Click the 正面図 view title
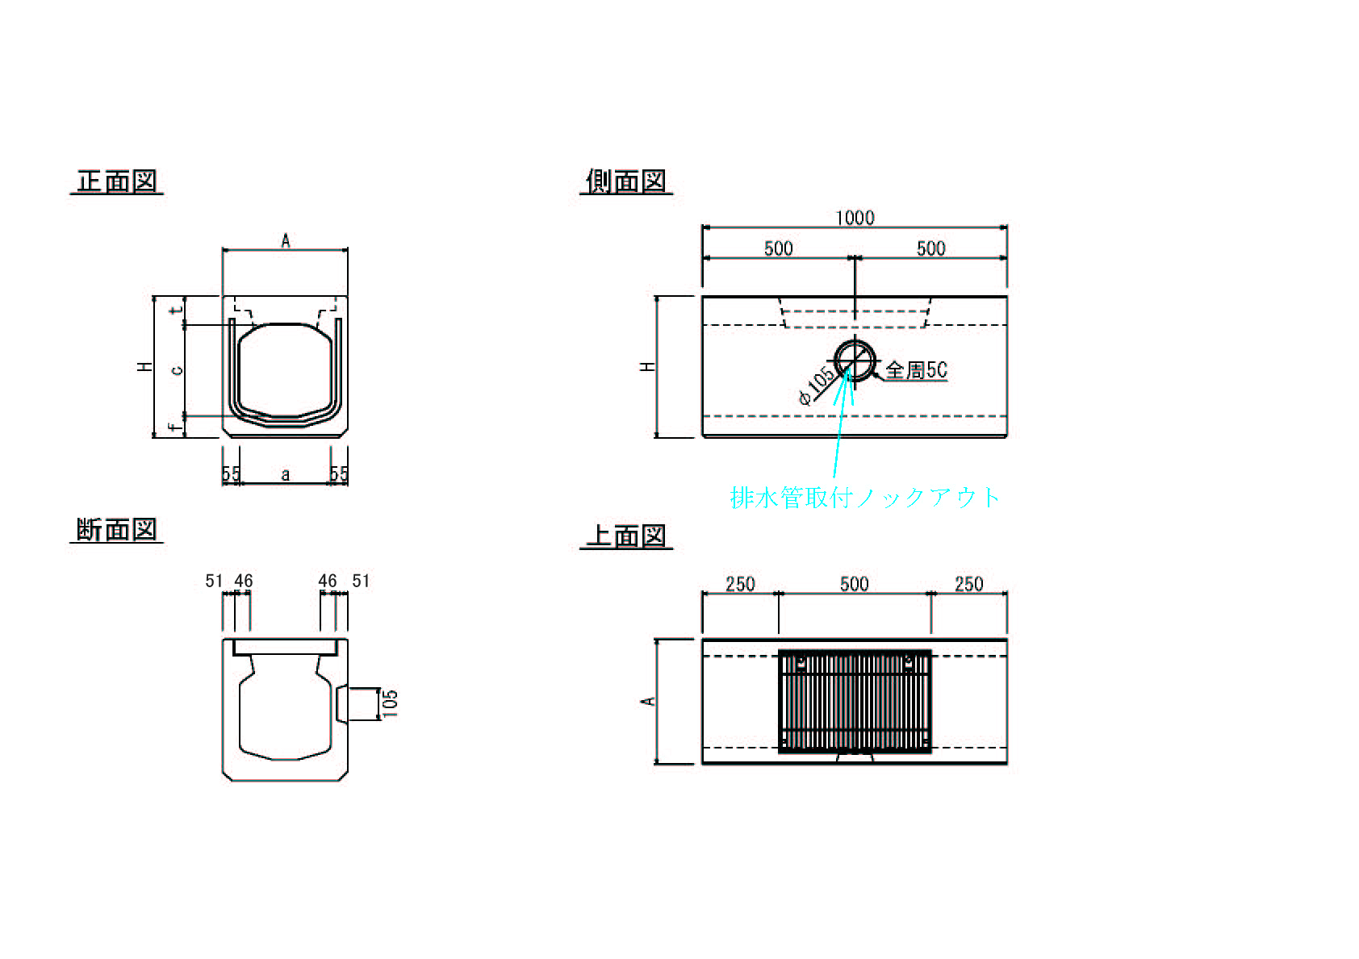pyautogui.click(x=116, y=181)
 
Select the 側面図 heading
pyautogui.click(x=625, y=181)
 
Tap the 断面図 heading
pyautogui.click(x=116, y=530)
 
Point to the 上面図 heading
pyautogui.click(x=625, y=536)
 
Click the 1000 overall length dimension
pyautogui.click(x=855, y=218)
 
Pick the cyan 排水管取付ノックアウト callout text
pyautogui.click(x=865, y=497)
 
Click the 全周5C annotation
pyautogui.click(x=916, y=369)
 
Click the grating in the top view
pyautogui.click(x=855, y=702)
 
